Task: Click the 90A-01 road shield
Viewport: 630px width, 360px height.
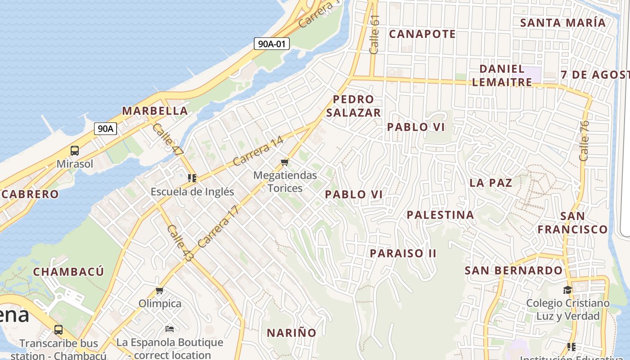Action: [271, 44]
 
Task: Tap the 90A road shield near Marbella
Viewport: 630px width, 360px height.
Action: [106, 129]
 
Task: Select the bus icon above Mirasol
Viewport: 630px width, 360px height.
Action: [75, 151]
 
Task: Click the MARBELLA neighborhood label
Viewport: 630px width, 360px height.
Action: [155, 111]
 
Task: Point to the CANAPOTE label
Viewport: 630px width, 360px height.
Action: [422, 34]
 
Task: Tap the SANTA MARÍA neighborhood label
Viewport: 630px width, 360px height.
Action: [562, 22]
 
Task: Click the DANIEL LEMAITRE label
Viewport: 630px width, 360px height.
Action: [502, 76]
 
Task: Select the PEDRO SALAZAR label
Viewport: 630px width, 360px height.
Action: [354, 106]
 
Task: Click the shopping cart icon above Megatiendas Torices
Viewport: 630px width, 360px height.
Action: [284, 162]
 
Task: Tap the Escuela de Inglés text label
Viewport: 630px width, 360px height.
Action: [192, 192]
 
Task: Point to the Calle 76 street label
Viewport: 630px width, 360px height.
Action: [584, 141]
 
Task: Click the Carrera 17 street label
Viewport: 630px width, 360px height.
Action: [217, 226]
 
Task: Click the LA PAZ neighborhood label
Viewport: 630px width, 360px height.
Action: [490, 183]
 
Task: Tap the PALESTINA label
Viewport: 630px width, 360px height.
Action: [440, 215]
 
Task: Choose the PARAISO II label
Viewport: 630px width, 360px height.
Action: [403, 253]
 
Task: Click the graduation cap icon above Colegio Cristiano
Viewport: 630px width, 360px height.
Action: [567, 290]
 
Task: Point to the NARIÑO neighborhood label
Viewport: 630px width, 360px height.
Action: [292, 333]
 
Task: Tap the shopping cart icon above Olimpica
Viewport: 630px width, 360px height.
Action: [159, 291]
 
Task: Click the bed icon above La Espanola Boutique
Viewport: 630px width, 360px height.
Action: [169, 329]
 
